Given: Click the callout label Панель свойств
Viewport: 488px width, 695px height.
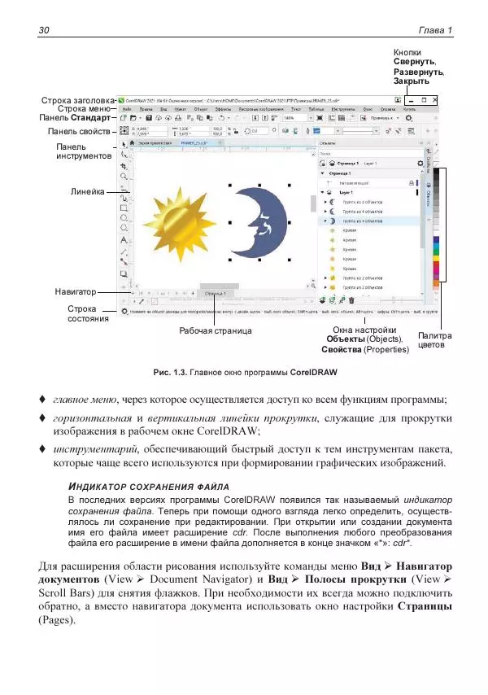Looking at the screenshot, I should click(x=77, y=130).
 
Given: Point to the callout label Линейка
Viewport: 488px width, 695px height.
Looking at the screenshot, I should click(x=88, y=192).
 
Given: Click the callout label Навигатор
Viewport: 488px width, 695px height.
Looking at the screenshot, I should click(x=76, y=290).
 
